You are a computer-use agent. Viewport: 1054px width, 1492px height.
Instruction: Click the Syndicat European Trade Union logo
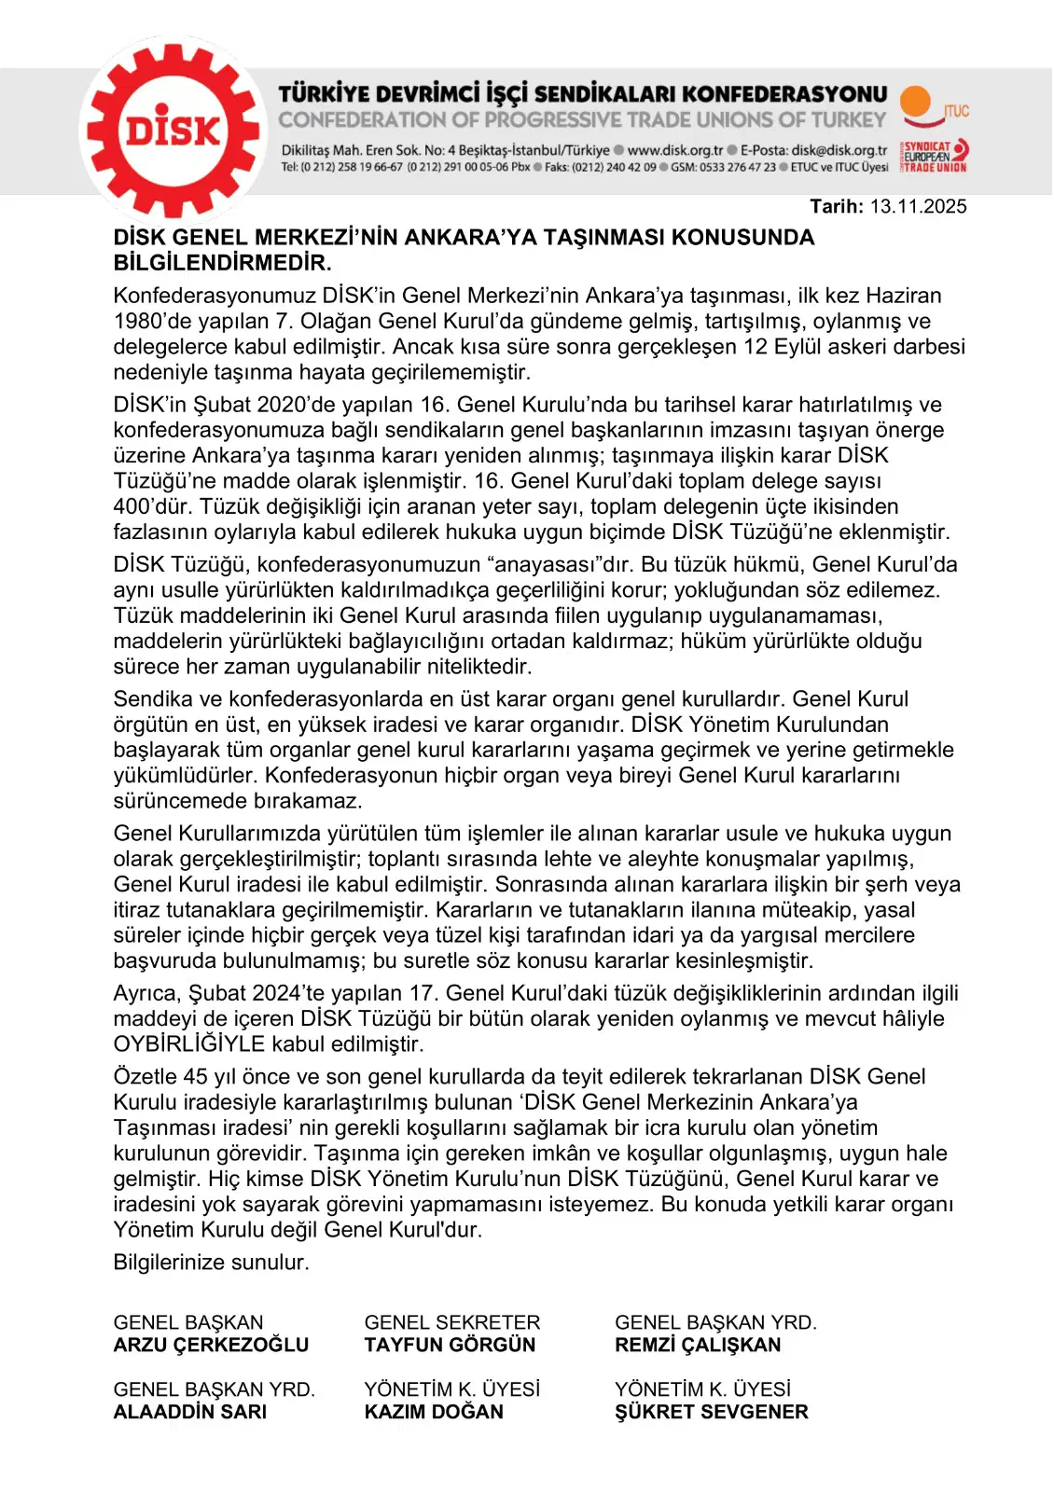[x=934, y=157]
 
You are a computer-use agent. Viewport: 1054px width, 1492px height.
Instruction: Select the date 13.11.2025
[x=918, y=207]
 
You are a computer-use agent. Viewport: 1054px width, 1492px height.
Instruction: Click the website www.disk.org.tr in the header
[x=674, y=150]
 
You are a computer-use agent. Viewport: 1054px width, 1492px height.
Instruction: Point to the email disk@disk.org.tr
[x=839, y=150]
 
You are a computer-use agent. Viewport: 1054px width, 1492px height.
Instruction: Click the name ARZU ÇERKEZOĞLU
[x=211, y=1345]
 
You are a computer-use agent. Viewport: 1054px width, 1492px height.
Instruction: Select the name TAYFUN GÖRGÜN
[x=450, y=1345]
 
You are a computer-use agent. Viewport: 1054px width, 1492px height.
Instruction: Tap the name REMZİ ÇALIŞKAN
[x=698, y=1345]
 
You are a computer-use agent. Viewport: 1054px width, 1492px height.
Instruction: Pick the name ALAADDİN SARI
[x=190, y=1412]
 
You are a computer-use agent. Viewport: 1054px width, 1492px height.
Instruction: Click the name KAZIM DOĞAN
[x=434, y=1412]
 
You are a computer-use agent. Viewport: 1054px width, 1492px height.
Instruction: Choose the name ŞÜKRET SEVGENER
[x=711, y=1412]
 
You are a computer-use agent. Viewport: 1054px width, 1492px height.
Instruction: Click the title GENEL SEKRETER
[x=452, y=1322]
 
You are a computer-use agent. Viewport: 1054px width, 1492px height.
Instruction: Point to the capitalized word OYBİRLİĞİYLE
[x=189, y=1044]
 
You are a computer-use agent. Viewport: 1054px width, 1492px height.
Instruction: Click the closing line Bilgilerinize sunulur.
[x=211, y=1263]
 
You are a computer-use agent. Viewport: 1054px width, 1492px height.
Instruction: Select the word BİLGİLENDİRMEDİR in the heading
[x=222, y=263]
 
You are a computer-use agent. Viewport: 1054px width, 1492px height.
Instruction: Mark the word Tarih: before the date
[x=837, y=207]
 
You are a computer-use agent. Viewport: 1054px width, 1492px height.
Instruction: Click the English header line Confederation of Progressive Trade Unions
[x=582, y=120]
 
